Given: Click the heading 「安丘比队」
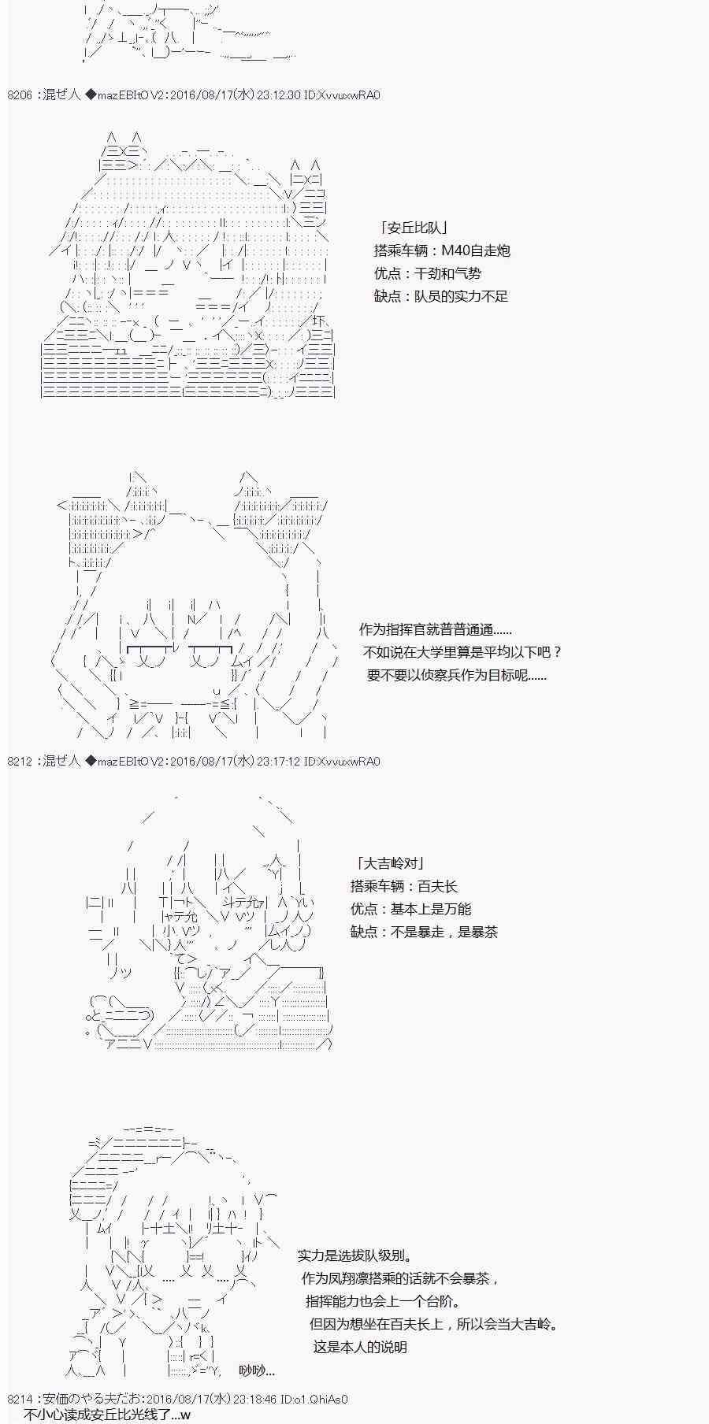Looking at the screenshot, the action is [414, 228].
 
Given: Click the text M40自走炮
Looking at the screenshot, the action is [475, 250].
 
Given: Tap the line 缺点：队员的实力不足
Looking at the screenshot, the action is [441, 296].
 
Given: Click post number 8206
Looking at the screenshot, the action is [20, 95].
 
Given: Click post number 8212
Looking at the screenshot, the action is [20, 762].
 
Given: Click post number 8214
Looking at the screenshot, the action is [20, 1400].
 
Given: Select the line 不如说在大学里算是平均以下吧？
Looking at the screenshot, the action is [463, 652].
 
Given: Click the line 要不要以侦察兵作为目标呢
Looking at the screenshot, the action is [457, 675].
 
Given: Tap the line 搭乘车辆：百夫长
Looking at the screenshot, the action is [404, 886].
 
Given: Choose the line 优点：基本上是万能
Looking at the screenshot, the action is [411, 909].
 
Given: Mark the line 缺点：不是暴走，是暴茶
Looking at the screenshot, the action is [425, 932].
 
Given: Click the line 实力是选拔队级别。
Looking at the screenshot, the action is [355, 1255].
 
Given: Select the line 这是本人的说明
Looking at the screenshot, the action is [360, 1347].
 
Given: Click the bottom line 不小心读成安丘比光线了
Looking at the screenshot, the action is [107, 1415].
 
